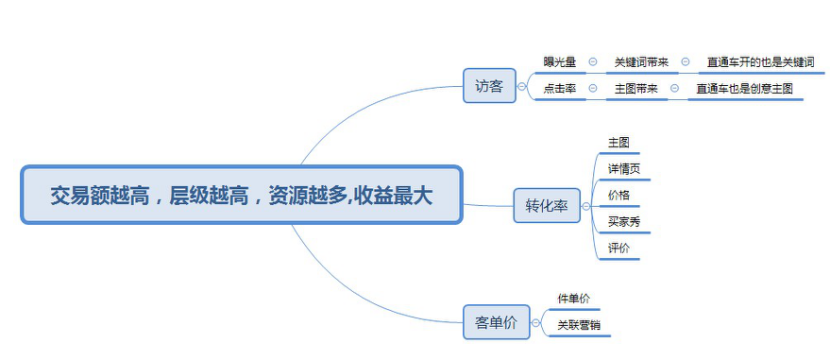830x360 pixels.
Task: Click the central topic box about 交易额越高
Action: (x=241, y=195)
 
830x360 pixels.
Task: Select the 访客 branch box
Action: (x=489, y=87)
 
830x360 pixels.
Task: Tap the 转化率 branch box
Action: (x=546, y=206)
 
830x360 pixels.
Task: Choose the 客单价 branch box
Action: (x=496, y=322)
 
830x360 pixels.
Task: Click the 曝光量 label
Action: (x=559, y=62)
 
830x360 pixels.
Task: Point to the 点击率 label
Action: (x=559, y=88)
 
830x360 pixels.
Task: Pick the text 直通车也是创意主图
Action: (x=745, y=88)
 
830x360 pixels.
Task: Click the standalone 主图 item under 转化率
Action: (x=618, y=143)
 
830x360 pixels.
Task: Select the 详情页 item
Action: (x=623, y=169)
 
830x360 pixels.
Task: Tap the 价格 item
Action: (x=618, y=195)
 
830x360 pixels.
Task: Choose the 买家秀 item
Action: (x=623, y=221)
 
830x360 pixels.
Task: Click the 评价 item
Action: (x=618, y=247)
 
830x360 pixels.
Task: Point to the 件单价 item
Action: (x=573, y=299)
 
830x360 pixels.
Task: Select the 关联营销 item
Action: (x=579, y=324)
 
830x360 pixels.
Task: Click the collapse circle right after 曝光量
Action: (x=593, y=62)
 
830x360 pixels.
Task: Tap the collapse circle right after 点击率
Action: (x=593, y=88)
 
